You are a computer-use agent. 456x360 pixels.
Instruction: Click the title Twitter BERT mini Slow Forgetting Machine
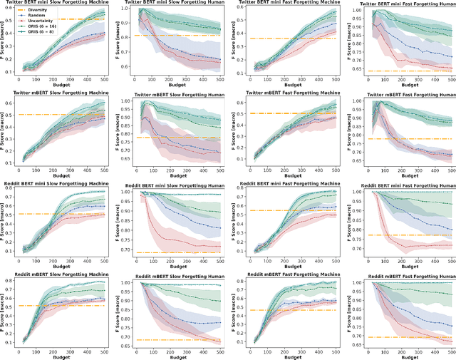[62, 3]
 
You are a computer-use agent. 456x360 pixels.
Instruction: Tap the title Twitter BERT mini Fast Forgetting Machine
[290, 3]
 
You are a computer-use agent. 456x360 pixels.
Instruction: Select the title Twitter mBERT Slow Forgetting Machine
[62, 93]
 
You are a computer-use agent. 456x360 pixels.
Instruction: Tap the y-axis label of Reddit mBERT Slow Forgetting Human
[120, 313]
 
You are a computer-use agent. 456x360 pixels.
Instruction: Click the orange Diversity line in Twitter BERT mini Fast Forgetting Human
[406, 71]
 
